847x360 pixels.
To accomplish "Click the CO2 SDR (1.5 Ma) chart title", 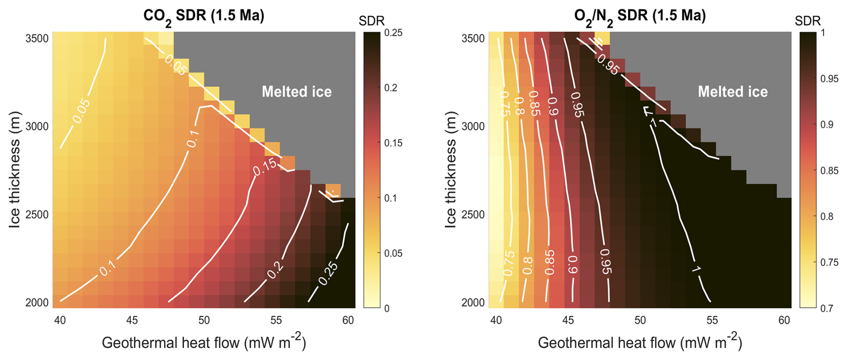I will click(x=204, y=16).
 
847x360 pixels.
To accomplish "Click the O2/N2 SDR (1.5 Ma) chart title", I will click(x=640, y=16).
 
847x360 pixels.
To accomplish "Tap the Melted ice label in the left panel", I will click(x=297, y=92).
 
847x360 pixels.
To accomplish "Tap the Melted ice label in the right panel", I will click(x=733, y=92).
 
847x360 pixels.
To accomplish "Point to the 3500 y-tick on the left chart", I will click(x=37, y=39).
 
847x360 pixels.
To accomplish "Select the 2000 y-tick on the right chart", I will click(x=473, y=303).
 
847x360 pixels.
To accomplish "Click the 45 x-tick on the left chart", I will click(x=132, y=320).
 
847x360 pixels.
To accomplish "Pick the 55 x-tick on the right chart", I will click(x=712, y=320).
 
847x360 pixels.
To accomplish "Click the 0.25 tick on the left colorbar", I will click(x=393, y=33).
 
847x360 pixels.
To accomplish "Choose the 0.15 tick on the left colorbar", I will click(x=393, y=143).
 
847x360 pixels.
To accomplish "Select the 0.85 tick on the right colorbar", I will click(x=830, y=171).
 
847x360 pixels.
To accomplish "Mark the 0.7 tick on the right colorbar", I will click(x=826, y=308).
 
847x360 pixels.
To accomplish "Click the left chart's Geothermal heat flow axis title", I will click(x=204, y=343).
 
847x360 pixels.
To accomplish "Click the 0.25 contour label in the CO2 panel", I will click(x=328, y=274).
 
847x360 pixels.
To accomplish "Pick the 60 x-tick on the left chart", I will click(x=348, y=320).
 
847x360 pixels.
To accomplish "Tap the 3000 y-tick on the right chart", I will click(x=473, y=126).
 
